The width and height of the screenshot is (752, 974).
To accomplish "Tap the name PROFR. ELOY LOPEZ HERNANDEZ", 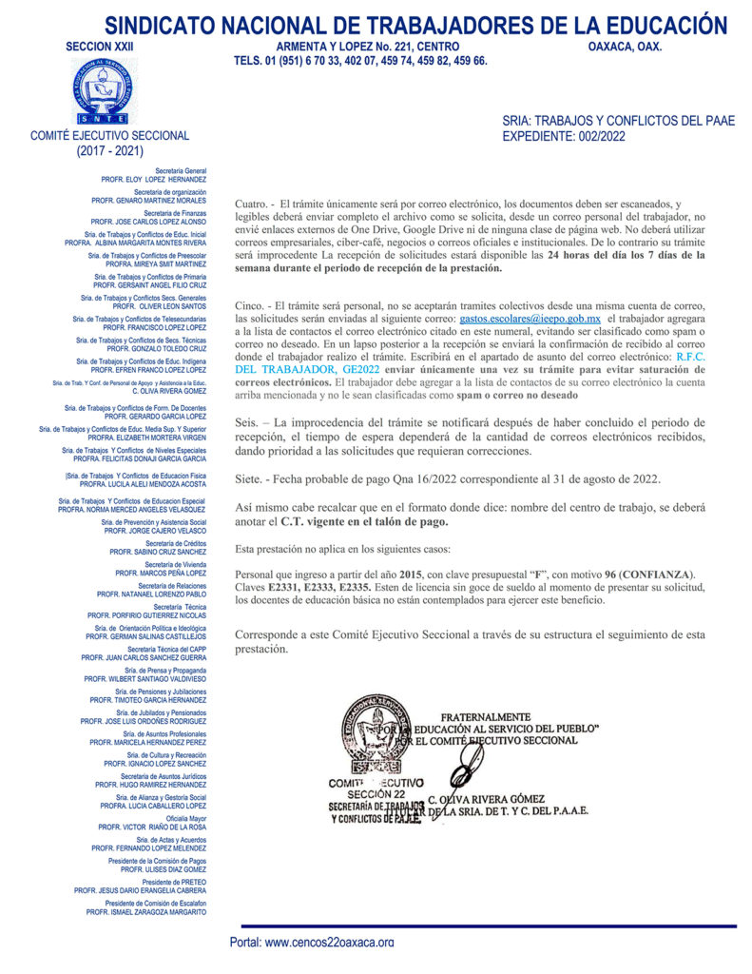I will pos(154,178).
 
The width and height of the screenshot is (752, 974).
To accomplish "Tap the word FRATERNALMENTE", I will pos(485,716).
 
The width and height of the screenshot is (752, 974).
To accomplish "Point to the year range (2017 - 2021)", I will pos(110,150).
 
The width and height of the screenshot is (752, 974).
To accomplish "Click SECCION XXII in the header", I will pos(100,46).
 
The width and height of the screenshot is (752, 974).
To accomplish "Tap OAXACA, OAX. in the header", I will pos(625,46).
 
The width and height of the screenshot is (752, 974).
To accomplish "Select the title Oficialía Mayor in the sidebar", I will pos(185,818).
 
